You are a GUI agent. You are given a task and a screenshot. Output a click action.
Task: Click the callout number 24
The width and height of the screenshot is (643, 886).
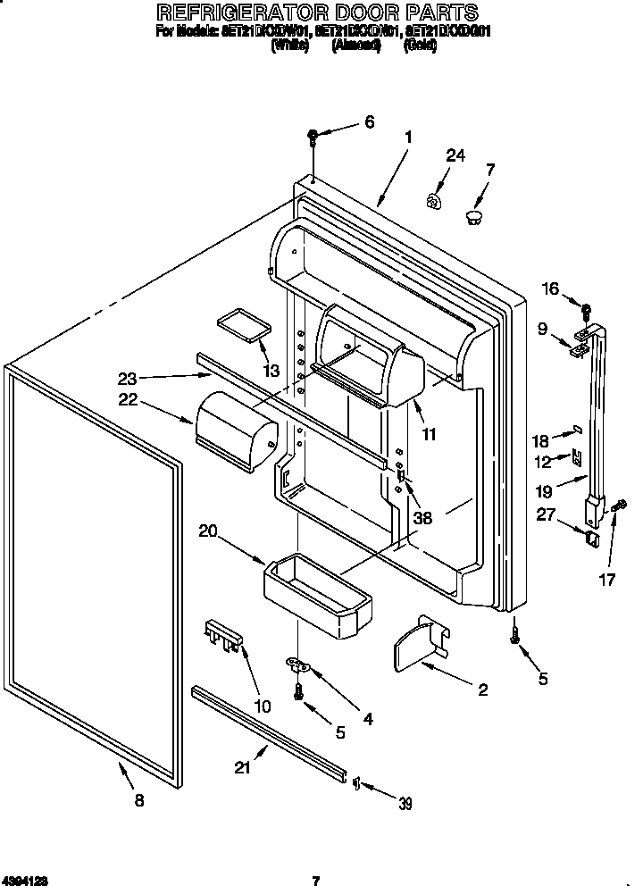pyautogui.click(x=455, y=155)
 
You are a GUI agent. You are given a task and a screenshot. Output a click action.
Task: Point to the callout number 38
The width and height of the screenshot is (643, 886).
pyautogui.click(x=422, y=517)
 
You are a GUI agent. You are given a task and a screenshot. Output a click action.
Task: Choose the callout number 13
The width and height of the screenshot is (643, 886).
pyautogui.click(x=270, y=371)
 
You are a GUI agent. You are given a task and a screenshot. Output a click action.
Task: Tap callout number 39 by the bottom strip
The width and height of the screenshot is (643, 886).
pyautogui.click(x=405, y=803)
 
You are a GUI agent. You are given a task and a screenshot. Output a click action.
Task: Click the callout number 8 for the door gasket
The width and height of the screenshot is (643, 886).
pyautogui.click(x=138, y=801)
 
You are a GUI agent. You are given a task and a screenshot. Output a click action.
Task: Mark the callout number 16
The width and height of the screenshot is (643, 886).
pyautogui.click(x=550, y=288)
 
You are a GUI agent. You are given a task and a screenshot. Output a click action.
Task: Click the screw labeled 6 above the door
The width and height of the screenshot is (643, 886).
pyautogui.click(x=313, y=137)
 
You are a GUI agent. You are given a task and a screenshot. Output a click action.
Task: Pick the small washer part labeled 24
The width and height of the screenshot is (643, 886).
pyautogui.click(x=433, y=202)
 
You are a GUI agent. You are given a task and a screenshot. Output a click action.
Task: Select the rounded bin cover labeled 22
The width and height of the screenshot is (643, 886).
pyautogui.click(x=235, y=429)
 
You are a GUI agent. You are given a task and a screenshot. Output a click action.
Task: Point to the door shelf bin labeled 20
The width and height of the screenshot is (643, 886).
pyautogui.click(x=318, y=597)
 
